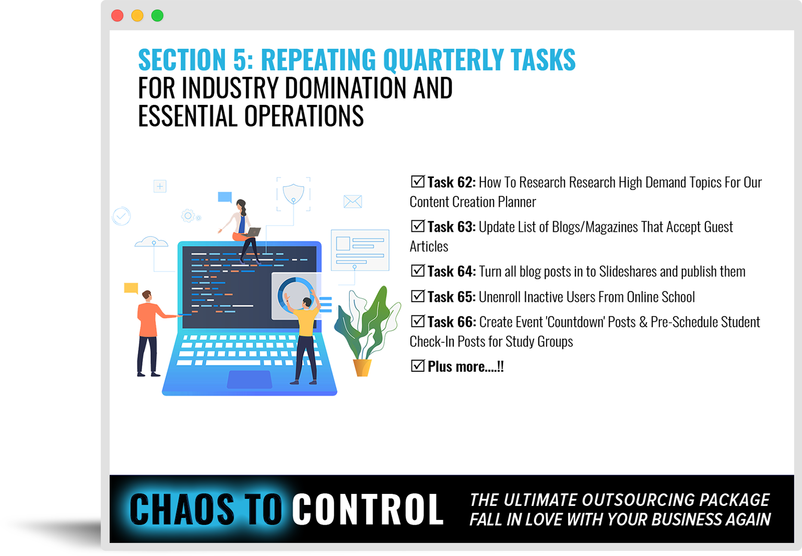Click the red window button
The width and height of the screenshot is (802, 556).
[117, 16]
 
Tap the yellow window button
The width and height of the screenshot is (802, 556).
[137, 16]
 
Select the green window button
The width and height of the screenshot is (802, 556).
[158, 16]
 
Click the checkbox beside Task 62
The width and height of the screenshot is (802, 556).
[418, 182]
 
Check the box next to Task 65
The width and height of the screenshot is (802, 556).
[418, 296]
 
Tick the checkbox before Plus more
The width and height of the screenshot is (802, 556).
[418, 365]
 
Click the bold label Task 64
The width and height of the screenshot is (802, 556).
[452, 271]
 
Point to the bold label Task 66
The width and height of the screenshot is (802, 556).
[452, 322]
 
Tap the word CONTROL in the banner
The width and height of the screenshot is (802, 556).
[368, 509]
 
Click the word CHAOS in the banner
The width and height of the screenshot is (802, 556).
[182, 509]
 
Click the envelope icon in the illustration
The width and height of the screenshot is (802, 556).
[352, 202]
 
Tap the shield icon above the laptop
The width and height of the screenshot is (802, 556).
[293, 194]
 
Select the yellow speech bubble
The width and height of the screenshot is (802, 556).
[131, 288]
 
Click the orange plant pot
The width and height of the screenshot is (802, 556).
[362, 368]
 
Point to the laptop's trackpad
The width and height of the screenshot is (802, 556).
[250, 380]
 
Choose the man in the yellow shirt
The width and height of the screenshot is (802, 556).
[304, 337]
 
